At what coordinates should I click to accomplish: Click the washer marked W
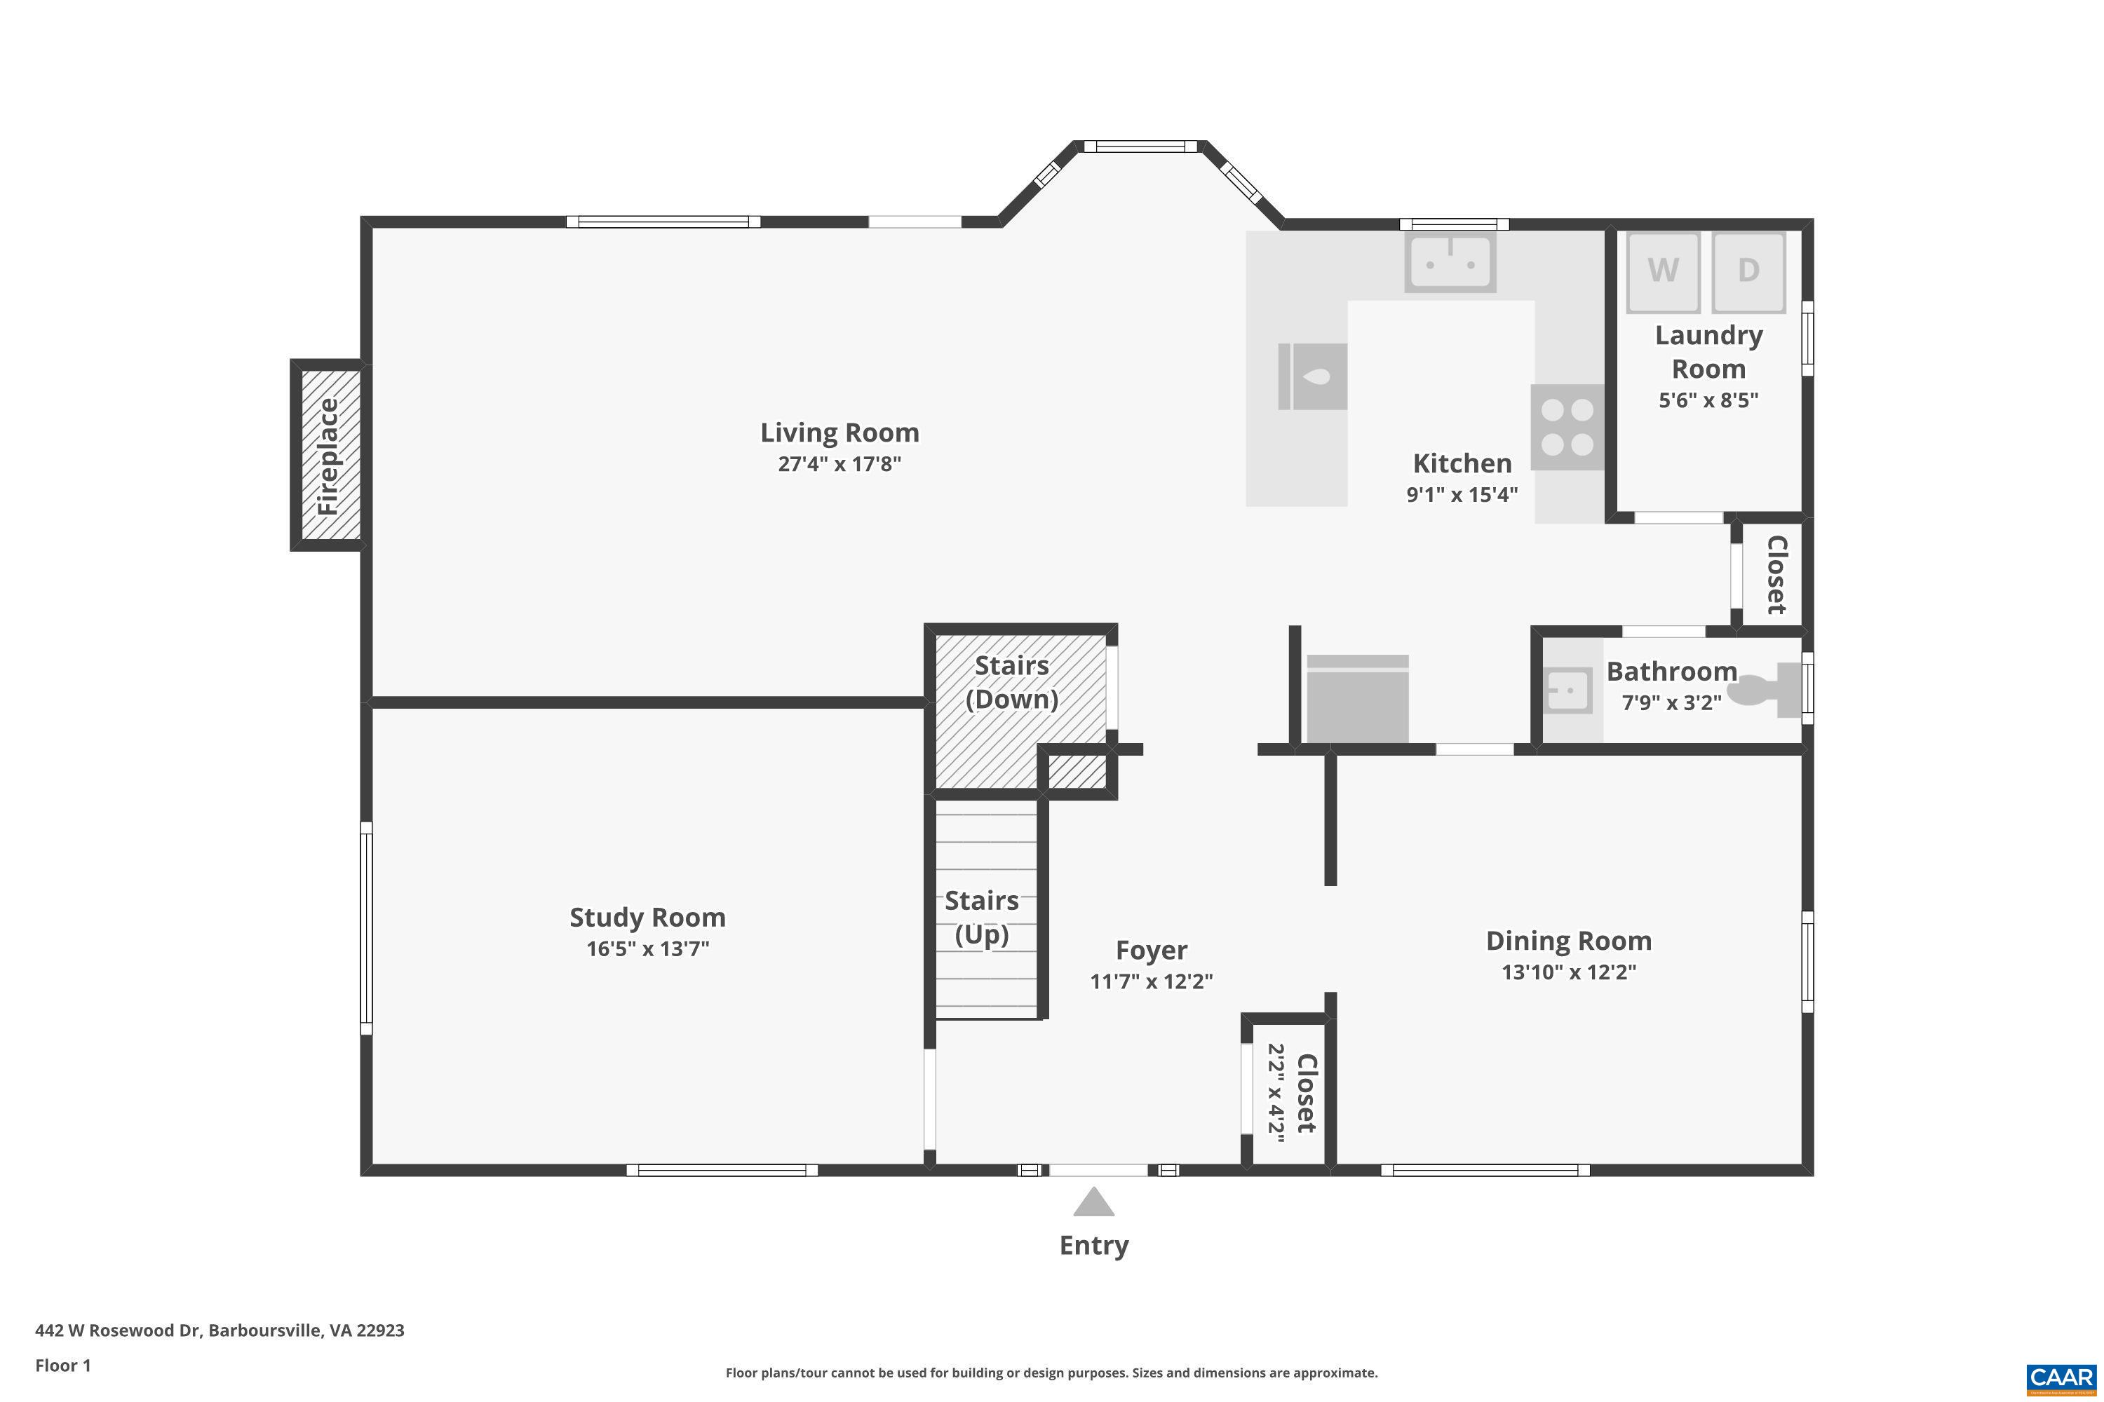[1662, 271]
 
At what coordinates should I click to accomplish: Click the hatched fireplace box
[329, 455]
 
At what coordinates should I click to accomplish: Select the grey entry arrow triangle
[1093, 1203]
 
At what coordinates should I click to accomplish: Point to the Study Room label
[647, 918]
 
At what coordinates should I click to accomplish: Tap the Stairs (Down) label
[1012, 682]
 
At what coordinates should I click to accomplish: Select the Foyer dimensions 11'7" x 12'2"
[1152, 982]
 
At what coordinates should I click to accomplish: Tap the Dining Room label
[1568, 941]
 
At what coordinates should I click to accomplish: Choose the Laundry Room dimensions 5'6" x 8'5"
[1708, 400]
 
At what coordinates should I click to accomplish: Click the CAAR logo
[2062, 1378]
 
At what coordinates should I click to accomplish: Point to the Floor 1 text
[62, 1366]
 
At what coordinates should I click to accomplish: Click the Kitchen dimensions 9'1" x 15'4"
[1462, 494]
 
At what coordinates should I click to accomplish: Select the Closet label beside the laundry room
[1776, 575]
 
